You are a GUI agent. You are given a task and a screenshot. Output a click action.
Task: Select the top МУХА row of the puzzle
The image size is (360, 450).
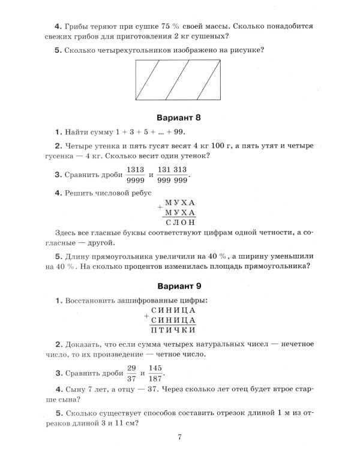coord(180,203)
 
